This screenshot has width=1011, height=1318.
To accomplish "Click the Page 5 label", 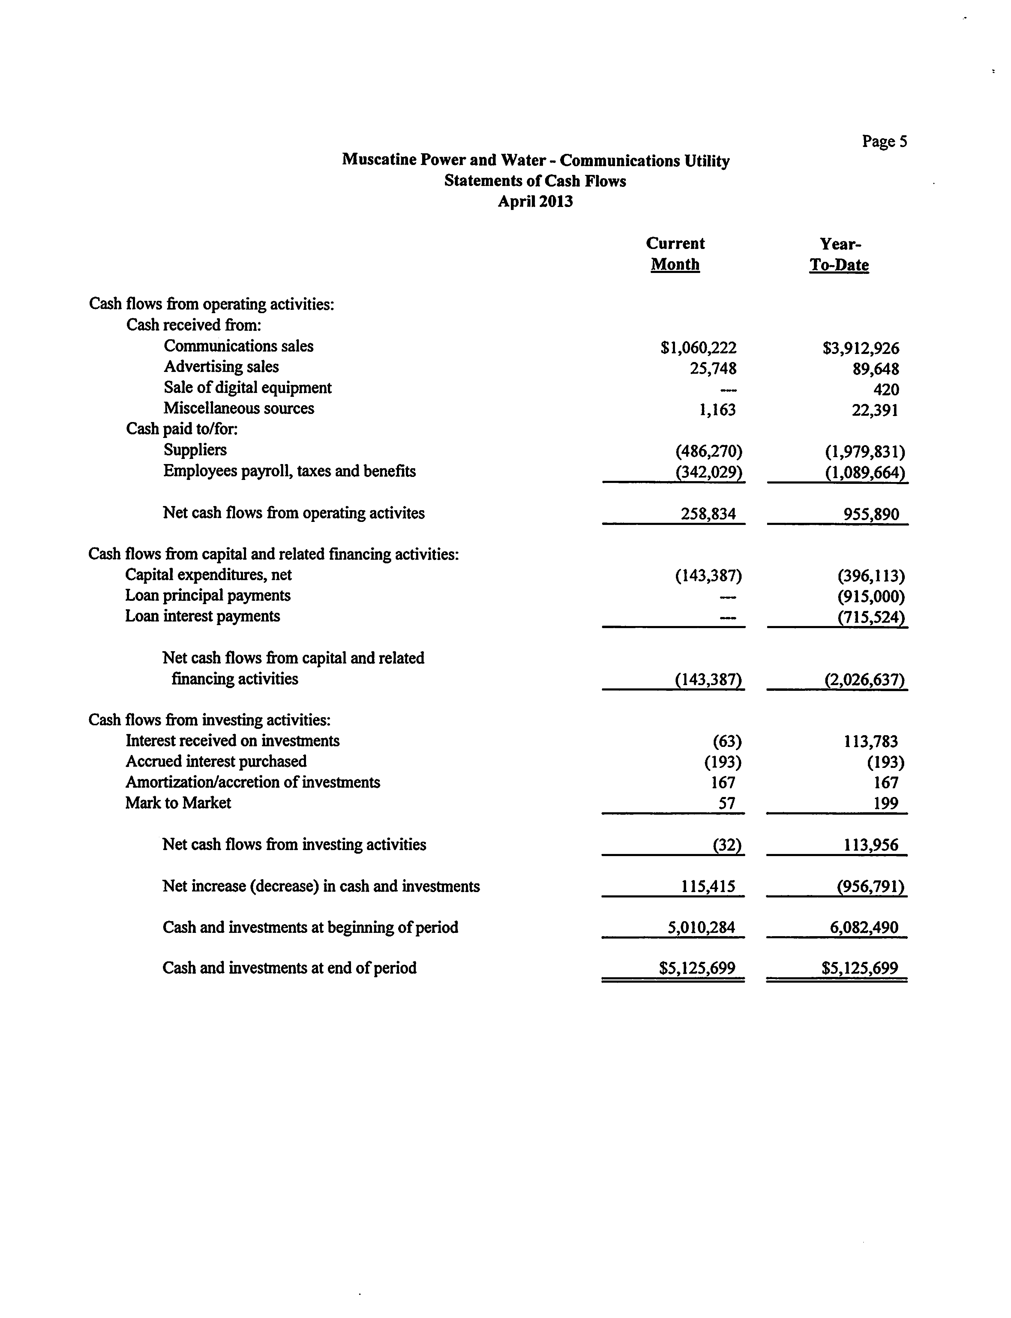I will (x=884, y=141).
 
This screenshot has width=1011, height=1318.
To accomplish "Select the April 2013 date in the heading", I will (x=535, y=201).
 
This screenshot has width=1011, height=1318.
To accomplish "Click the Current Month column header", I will (x=675, y=254).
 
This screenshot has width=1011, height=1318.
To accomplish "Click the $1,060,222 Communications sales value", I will (x=698, y=348).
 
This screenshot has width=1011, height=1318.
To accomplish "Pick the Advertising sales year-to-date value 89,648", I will (x=876, y=369).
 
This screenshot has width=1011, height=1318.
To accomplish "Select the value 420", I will (x=886, y=390).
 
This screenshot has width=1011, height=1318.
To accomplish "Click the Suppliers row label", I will (x=195, y=450).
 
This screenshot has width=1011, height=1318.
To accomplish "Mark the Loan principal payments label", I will (x=208, y=595).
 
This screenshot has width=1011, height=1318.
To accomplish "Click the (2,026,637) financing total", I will (x=864, y=680).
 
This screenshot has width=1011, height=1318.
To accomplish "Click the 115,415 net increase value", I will (x=708, y=886).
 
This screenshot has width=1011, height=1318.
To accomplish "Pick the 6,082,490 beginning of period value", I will (x=864, y=927).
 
